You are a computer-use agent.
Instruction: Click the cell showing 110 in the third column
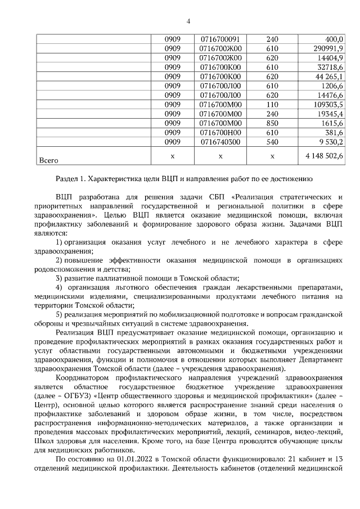[x=272, y=104]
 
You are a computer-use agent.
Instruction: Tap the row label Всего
[x=48, y=160]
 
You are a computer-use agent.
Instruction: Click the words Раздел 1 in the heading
[x=72, y=179]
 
